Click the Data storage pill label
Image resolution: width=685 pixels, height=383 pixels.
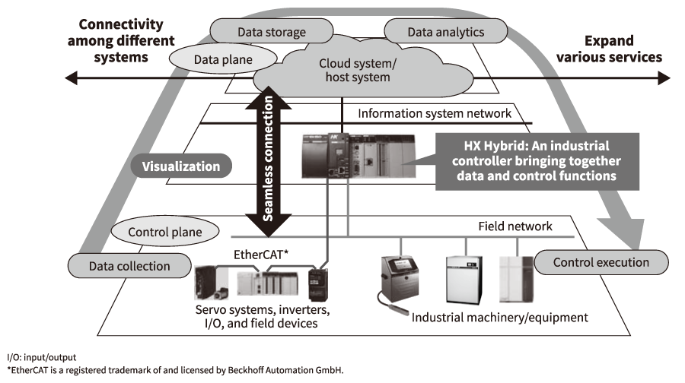pyautogui.click(x=272, y=32)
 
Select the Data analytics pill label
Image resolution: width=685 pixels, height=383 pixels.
pyautogui.click(x=445, y=32)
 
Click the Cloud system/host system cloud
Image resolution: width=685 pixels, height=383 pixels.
pyautogui.click(x=358, y=70)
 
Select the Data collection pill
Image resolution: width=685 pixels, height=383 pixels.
pyautogui.click(x=118, y=265)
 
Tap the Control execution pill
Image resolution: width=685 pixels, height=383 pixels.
pyautogui.click(x=601, y=262)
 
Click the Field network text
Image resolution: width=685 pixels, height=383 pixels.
pyautogui.click(x=515, y=226)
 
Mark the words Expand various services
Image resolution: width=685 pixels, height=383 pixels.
pyautogui.click(x=608, y=49)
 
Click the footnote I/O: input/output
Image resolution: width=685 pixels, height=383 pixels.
pyautogui.click(x=41, y=357)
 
